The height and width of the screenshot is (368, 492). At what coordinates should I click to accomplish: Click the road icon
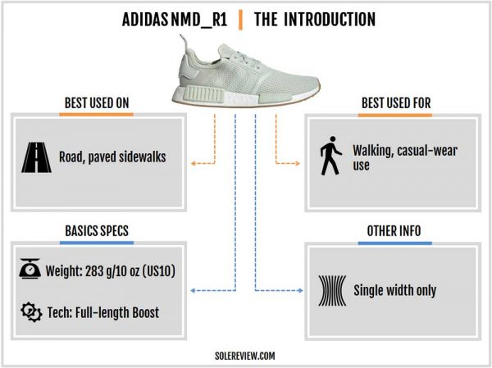pos(36,157)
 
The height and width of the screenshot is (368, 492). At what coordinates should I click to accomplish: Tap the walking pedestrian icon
pos(330,156)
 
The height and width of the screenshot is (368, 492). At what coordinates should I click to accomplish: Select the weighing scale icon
pos(30,269)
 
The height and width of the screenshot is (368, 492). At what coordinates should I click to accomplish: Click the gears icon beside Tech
pos(31,311)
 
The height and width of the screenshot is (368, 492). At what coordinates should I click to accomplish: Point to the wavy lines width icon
pos(332,291)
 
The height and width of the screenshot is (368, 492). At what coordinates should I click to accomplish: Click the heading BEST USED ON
pos(97,103)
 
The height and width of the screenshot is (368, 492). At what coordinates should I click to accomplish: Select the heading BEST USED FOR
pos(396,103)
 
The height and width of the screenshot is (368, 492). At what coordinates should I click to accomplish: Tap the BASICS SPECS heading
pos(97,231)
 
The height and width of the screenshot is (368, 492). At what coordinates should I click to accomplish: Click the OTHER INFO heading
pos(394,231)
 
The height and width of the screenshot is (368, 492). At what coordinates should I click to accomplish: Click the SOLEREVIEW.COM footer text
pos(245,356)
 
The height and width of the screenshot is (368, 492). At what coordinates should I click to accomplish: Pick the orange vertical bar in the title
pos(240,20)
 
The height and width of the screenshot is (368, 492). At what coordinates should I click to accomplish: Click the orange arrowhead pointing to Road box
pos(194,163)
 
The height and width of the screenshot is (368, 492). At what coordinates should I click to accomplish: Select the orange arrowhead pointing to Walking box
pos(297,163)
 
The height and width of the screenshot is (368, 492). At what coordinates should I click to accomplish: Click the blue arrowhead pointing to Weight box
pos(193,290)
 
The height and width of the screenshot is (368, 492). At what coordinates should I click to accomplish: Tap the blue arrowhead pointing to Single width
pos(300,290)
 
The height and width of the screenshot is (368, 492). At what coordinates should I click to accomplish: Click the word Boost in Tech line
pos(146,312)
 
